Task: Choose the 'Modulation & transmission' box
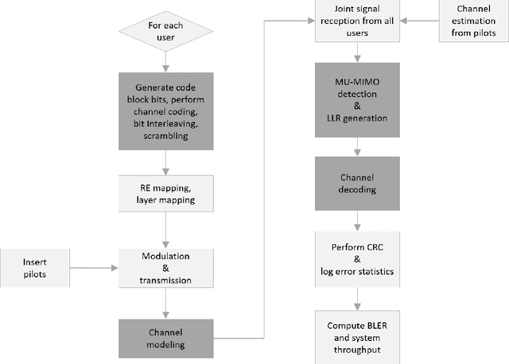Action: (x=165, y=268)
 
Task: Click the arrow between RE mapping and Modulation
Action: (x=165, y=231)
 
